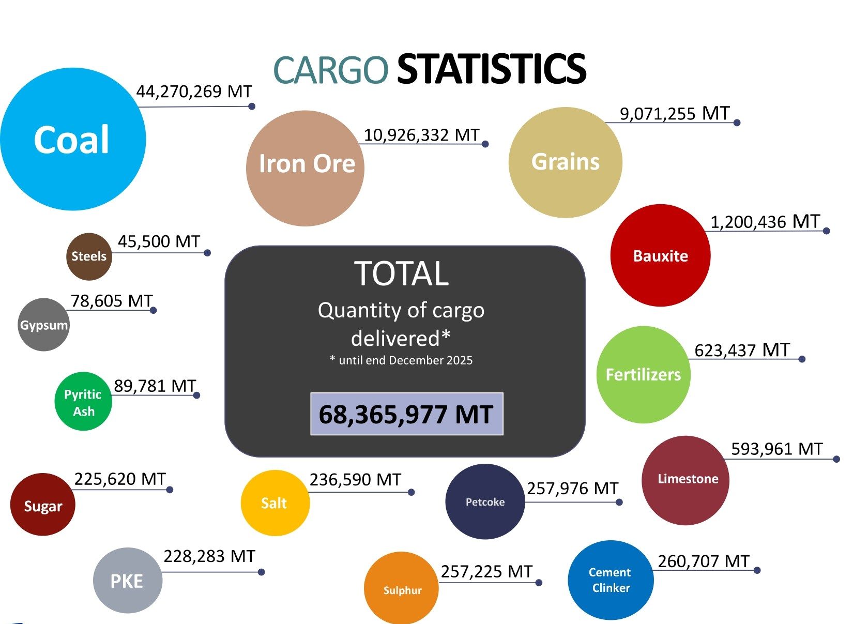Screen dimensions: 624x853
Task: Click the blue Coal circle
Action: pyautogui.click(x=72, y=140)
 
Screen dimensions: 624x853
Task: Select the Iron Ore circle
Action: pyautogui.click(x=305, y=168)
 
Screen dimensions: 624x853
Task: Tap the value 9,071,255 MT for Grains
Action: pyautogui.click(x=675, y=113)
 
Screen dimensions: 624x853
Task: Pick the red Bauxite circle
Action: pyautogui.click(x=660, y=255)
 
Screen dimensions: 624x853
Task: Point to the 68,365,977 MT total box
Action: pyautogui.click(x=406, y=414)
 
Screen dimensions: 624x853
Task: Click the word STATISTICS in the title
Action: pyautogui.click(x=491, y=69)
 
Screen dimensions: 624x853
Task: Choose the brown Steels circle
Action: pyautogui.click(x=89, y=256)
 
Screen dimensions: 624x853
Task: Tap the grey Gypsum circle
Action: pyautogui.click(x=43, y=325)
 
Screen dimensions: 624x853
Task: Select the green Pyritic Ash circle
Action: pyautogui.click(x=83, y=402)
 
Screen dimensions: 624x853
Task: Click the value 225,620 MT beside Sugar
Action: pyautogui.click(x=120, y=479)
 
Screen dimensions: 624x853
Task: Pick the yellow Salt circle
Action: pyautogui.click(x=275, y=503)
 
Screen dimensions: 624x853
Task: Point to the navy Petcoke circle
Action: pyautogui.click(x=485, y=501)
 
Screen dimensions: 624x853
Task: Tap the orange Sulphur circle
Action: pyautogui.click(x=402, y=589)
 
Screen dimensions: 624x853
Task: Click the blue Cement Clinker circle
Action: pyautogui.click(x=611, y=580)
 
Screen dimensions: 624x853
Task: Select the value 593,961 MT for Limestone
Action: pyautogui.click(x=776, y=449)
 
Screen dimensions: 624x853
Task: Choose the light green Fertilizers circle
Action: pyautogui.click(x=644, y=374)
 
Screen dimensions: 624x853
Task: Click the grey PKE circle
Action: pyautogui.click(x=127, y=581)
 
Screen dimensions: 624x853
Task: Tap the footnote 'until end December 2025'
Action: pyautogui.click(x=402, y=360)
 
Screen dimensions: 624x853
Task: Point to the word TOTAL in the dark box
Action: pyautogui.click(x=402, y=273)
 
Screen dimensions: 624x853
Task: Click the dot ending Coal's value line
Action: pyautogui.click(x=252, y=106)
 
